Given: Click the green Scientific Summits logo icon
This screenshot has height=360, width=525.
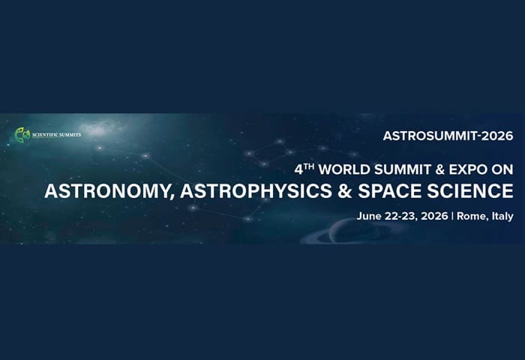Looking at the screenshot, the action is coord(22,134).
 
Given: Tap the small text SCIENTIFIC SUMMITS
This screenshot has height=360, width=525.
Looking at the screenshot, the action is coord(56,135).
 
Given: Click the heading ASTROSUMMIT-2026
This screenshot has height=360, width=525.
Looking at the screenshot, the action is coord(448,136).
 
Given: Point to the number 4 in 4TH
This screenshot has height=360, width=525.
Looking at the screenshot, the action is coord(298,170).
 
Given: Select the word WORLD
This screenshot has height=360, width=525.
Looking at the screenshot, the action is coord(344,169).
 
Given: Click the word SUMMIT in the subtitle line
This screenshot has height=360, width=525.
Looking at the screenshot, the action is coord(403,169).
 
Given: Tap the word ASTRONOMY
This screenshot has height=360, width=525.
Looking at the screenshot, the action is coord(109,191).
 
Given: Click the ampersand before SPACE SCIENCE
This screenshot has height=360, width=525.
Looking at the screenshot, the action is coord(345,191).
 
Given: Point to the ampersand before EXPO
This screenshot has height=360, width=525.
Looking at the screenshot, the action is coord(440,169).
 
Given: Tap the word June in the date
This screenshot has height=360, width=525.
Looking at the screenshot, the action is coord(369,216).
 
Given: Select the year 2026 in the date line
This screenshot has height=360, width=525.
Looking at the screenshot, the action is coord(434,216).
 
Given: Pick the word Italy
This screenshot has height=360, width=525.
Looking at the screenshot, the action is coord(502,217).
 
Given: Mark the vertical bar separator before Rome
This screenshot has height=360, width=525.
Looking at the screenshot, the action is coord(452,216).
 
